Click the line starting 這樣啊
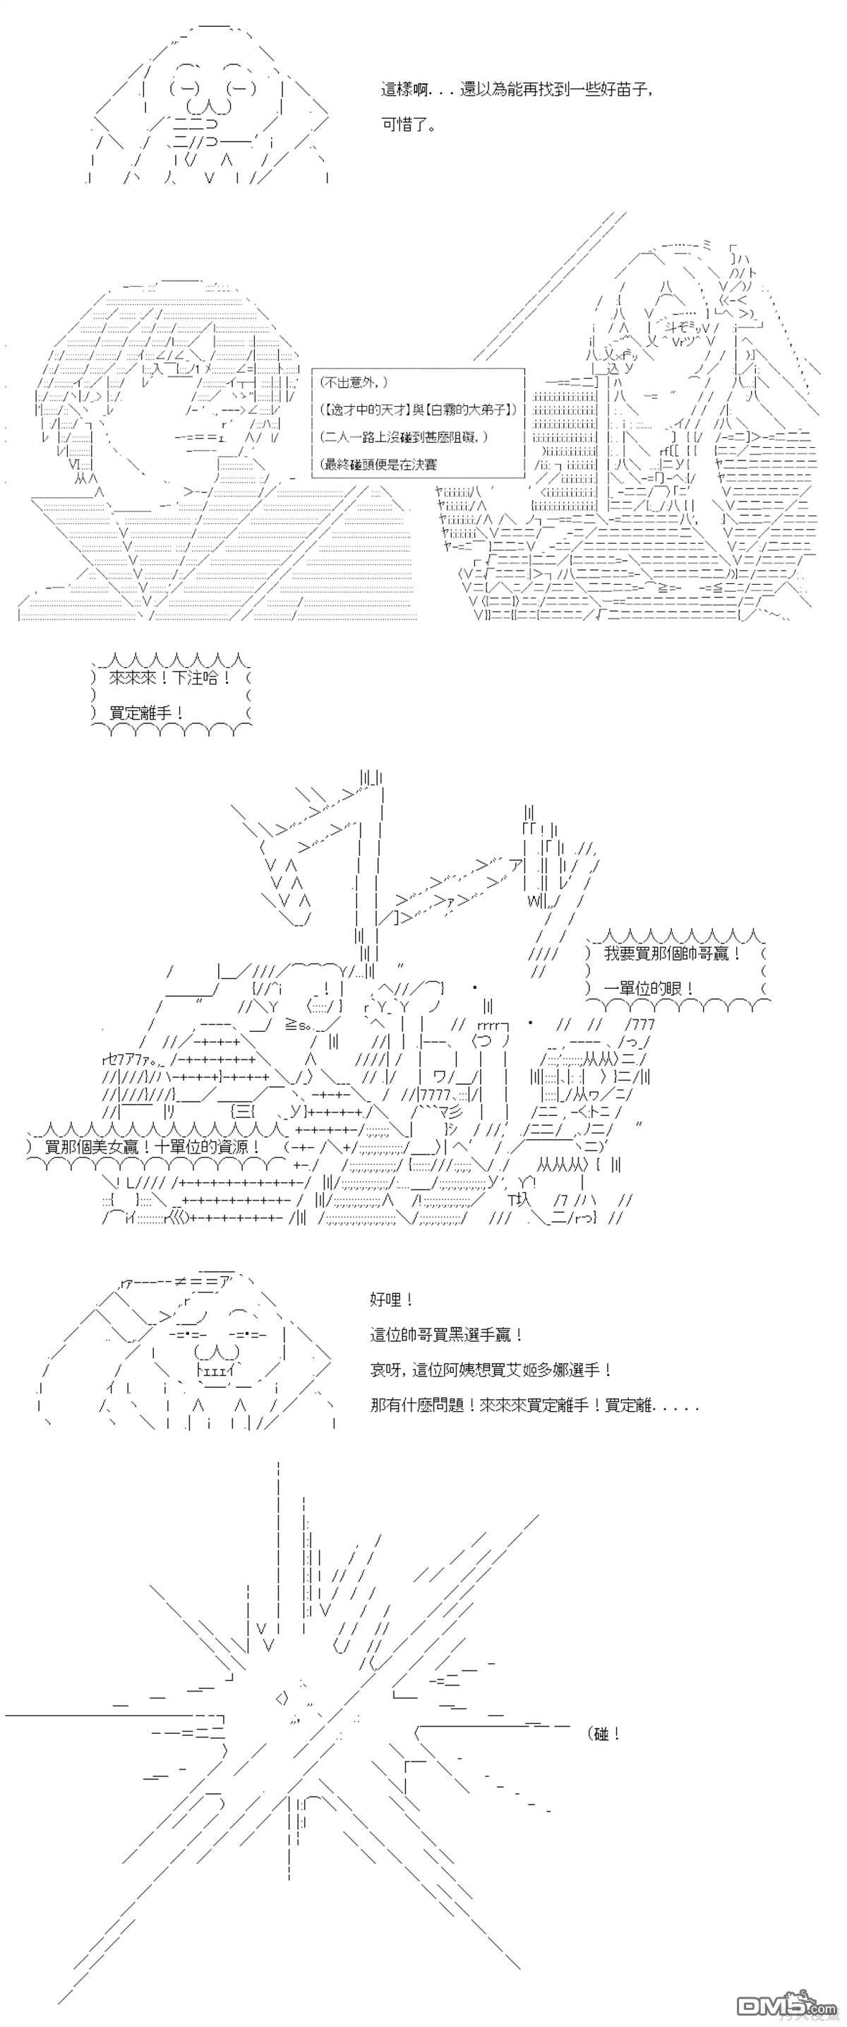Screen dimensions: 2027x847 517,90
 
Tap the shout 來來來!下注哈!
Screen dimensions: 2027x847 170,677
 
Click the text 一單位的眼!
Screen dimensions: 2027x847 649,988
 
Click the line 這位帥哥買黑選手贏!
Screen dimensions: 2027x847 446,1335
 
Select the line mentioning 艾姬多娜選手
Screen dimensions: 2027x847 491,1369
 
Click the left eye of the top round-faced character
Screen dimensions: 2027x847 187,88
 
